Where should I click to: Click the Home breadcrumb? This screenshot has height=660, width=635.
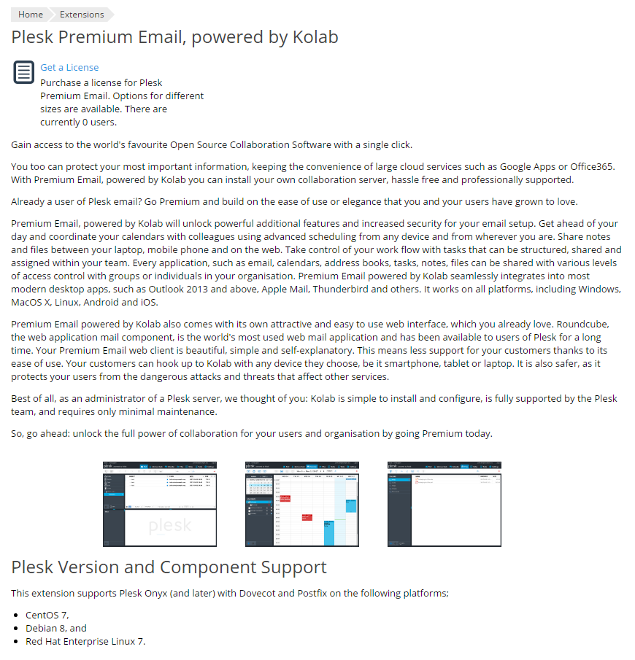tap(30, 15)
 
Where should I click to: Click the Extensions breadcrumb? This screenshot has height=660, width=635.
tap(82, 15)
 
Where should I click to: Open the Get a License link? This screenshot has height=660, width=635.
tap(69, 67)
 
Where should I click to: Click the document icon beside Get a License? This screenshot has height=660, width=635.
tap(24, 73)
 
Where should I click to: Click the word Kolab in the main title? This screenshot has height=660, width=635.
tap(315, 37)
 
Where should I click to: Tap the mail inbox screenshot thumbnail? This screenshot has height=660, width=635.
tap(160, 503)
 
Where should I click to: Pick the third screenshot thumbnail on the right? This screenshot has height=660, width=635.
tap(445, 503)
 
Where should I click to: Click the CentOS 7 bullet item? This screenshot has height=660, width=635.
tap(47, 615)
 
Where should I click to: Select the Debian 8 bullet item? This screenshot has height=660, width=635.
tap(56, 628)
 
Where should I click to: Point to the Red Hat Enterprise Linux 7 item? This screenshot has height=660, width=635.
tap(85, 641)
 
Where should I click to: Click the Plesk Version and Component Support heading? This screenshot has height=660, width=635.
tap(169, 567)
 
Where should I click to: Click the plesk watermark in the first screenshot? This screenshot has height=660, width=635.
tap(170, 525)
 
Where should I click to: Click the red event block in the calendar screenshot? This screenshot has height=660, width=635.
tap(285, 499)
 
